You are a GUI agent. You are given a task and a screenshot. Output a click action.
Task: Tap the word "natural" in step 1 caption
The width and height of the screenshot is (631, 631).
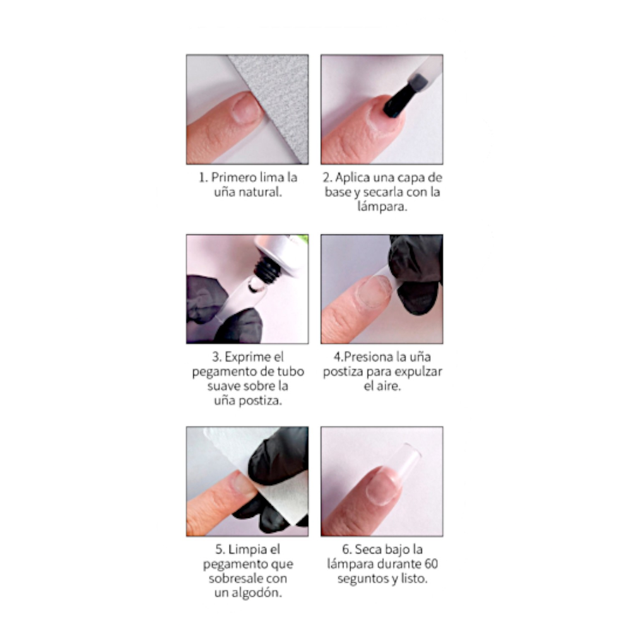point(260,192)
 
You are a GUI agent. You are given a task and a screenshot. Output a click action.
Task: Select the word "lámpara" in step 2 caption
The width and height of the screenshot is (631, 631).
point(382,206)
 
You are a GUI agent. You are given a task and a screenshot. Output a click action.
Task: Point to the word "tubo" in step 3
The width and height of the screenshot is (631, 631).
point(290,371)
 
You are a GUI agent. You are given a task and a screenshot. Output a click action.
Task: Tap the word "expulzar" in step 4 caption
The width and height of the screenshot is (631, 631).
point(418,372)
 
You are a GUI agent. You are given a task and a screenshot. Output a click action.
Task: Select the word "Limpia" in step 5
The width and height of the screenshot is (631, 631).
point(246,550)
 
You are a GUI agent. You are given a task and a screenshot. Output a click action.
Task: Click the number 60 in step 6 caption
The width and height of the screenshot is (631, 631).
point(431,563)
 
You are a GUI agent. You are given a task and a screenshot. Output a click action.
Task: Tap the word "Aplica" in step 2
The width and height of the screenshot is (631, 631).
point(353,178)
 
